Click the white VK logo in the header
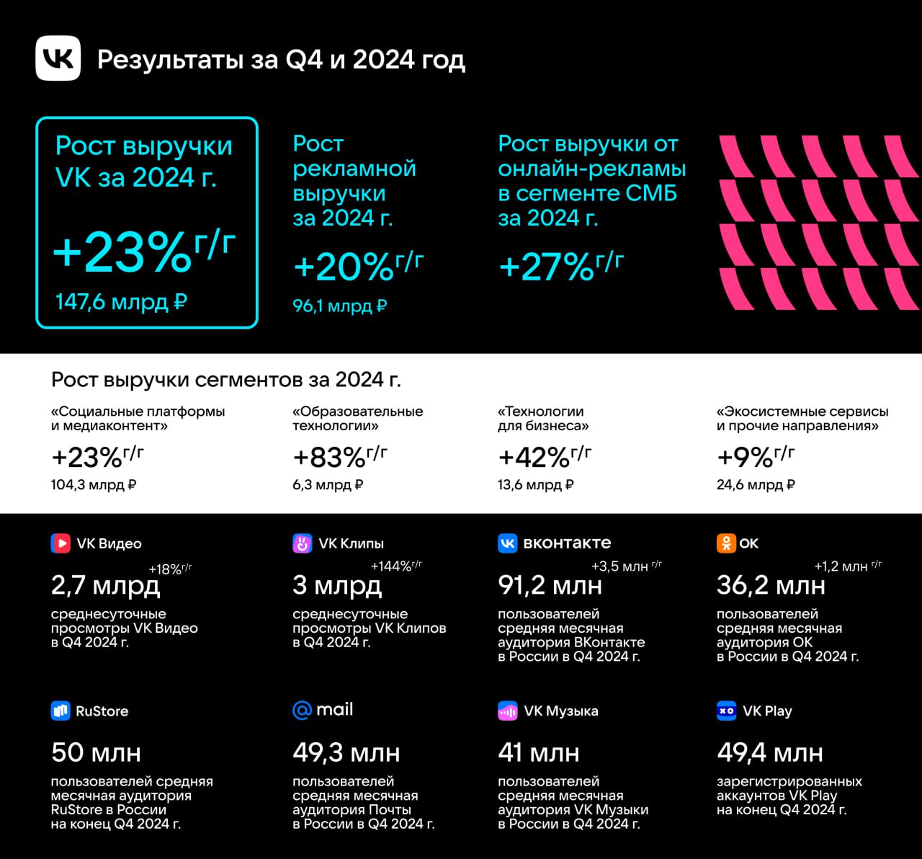point(58,58)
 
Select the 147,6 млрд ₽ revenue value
point(121,301)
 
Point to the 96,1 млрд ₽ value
point(339,306)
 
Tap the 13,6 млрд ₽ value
point(535,485)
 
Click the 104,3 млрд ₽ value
point(94,485)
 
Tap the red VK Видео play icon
point(61,543)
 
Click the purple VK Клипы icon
point(303,543)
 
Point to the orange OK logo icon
point(726,543)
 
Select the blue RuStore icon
point(61,711)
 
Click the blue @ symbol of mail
point(302,711)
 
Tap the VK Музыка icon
point(508,711)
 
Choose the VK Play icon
point(726,711)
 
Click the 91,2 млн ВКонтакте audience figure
point(550,585)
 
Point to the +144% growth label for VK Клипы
point(396,566)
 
